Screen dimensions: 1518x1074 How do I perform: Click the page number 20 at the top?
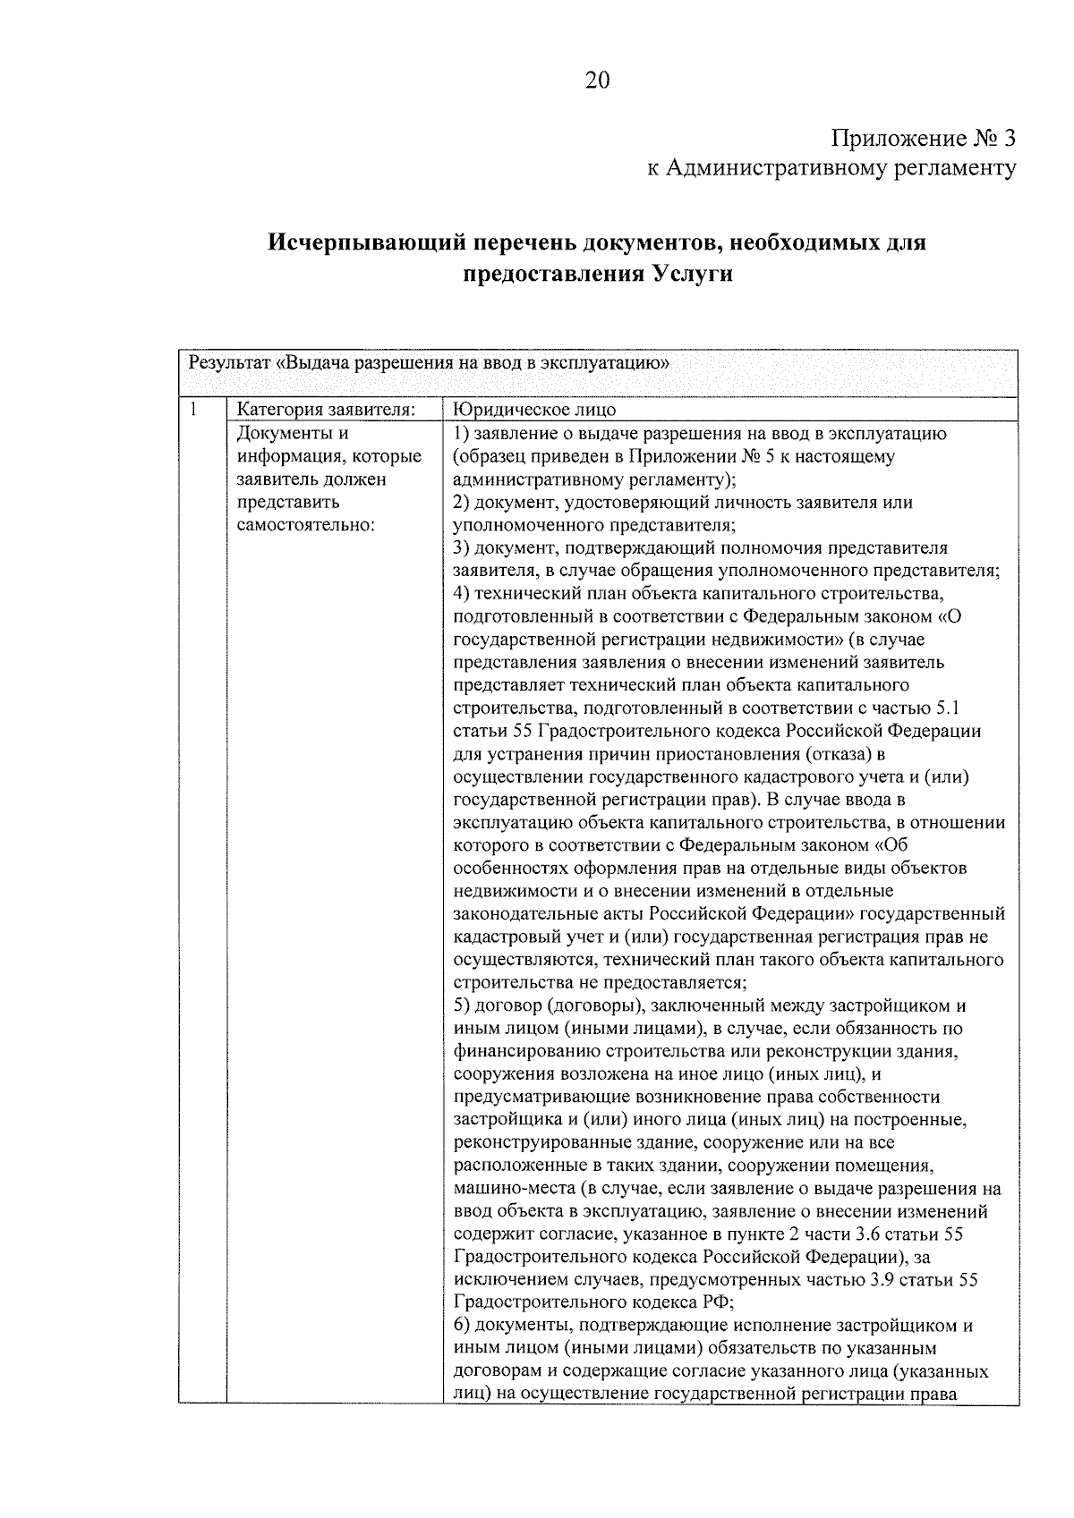pyautogui.click(x=597, y=81)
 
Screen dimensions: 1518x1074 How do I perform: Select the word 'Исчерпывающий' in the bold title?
pyautogui.click(x=367, y=242)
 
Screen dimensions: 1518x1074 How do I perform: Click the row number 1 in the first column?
pyautogui.click(x=193, y=410)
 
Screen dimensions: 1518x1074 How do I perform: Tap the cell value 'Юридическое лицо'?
pyautogui.click(x=535, y=411)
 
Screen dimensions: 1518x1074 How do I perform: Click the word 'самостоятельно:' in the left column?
pyautogui.click(x=305, y=525)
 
